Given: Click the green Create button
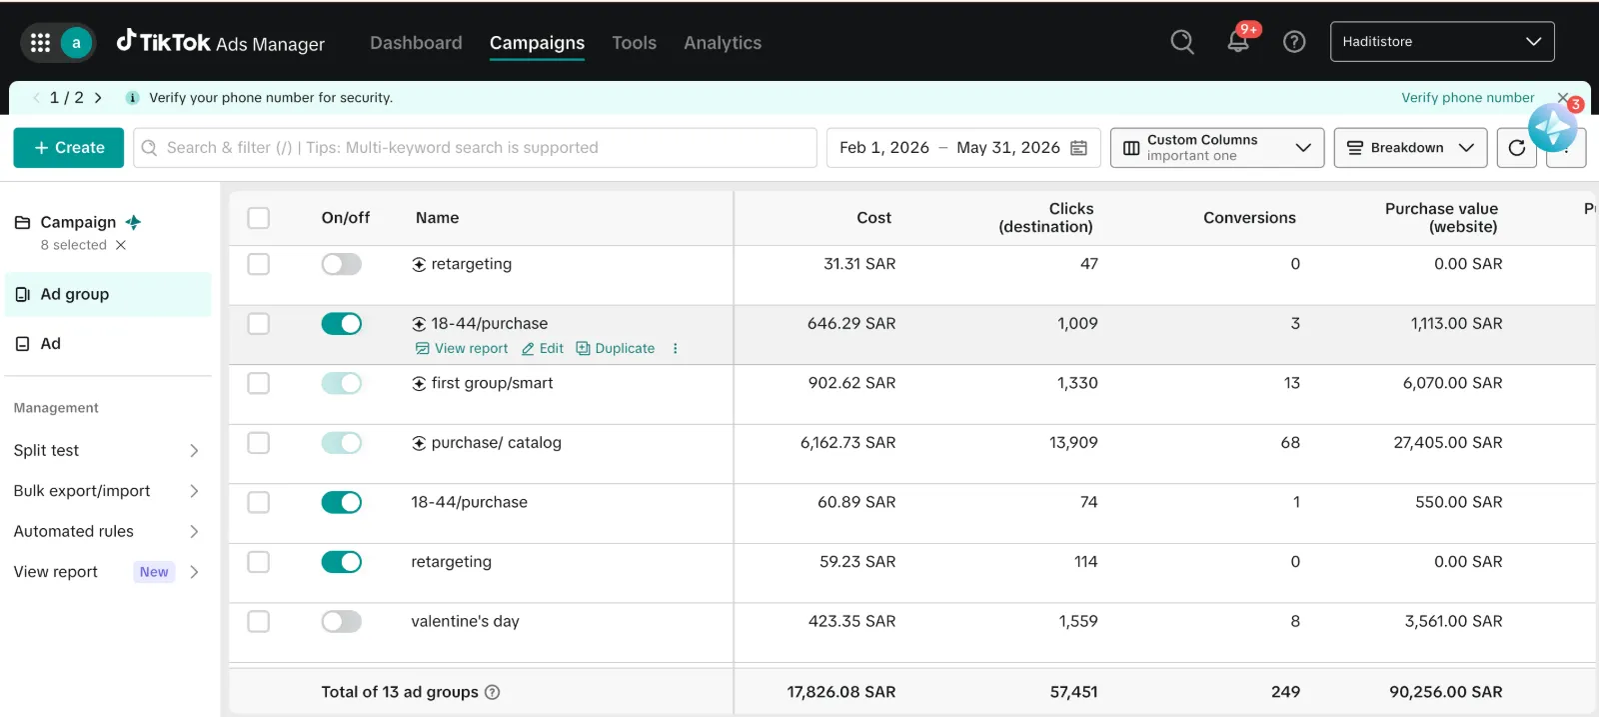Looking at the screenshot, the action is point(69,148).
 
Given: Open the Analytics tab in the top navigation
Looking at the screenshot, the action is point(723,43).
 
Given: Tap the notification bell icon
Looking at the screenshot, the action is point(1238,41).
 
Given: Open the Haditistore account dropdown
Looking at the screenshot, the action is point(1442,41).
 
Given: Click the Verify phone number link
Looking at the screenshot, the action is point(1468,98).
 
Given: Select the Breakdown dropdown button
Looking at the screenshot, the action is point(1410,148).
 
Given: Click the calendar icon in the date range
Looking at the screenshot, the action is point(1078,148).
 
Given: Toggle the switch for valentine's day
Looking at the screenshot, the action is point(341,621).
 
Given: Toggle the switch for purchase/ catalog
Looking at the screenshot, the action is point(341,443).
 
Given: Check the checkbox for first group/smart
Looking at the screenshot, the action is point(259,383).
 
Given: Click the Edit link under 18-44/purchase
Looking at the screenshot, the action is point(543,349).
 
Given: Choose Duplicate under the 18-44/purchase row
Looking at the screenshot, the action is point(616,349).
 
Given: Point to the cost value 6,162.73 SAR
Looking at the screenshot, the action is point(848,443).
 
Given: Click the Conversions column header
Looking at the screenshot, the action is point(1249,218).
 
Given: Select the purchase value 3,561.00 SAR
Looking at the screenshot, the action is point(1453,621).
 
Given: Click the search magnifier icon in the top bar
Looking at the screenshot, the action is point(1182,41).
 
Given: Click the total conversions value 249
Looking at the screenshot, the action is point(1285,692).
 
